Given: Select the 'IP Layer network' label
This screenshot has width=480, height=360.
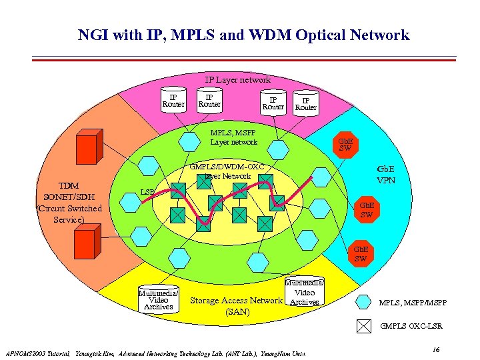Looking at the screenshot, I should point(237,80).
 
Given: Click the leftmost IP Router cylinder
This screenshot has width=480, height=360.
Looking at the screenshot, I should point(173,101).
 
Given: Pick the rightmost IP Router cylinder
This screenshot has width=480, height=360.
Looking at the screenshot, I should point(305,103).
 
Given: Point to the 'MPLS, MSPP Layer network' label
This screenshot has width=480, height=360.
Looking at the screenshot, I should point(233,137).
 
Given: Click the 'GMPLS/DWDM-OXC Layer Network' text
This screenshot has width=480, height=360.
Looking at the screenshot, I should point(227,171).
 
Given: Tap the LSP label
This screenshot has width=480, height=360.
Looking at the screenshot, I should point(147,193).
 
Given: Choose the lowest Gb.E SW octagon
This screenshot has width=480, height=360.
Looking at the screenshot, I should point(360,253).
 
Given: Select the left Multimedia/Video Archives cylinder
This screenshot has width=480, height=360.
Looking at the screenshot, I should point(158,300).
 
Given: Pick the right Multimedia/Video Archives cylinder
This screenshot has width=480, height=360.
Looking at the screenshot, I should point(304,292).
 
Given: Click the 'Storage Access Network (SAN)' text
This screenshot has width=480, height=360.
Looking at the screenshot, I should point(237,305).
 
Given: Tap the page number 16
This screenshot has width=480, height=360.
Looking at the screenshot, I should point(435,349).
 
